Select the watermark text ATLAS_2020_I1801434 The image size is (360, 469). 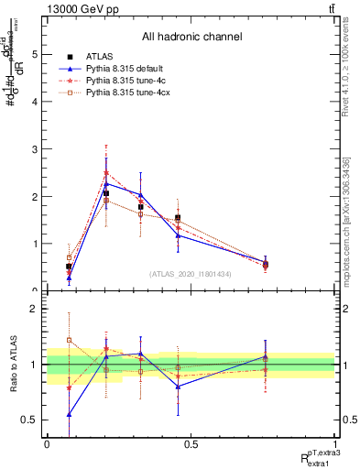click(191, 274)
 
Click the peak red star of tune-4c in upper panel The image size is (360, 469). click(106, 173)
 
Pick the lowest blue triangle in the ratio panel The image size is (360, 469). click(70, 414)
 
